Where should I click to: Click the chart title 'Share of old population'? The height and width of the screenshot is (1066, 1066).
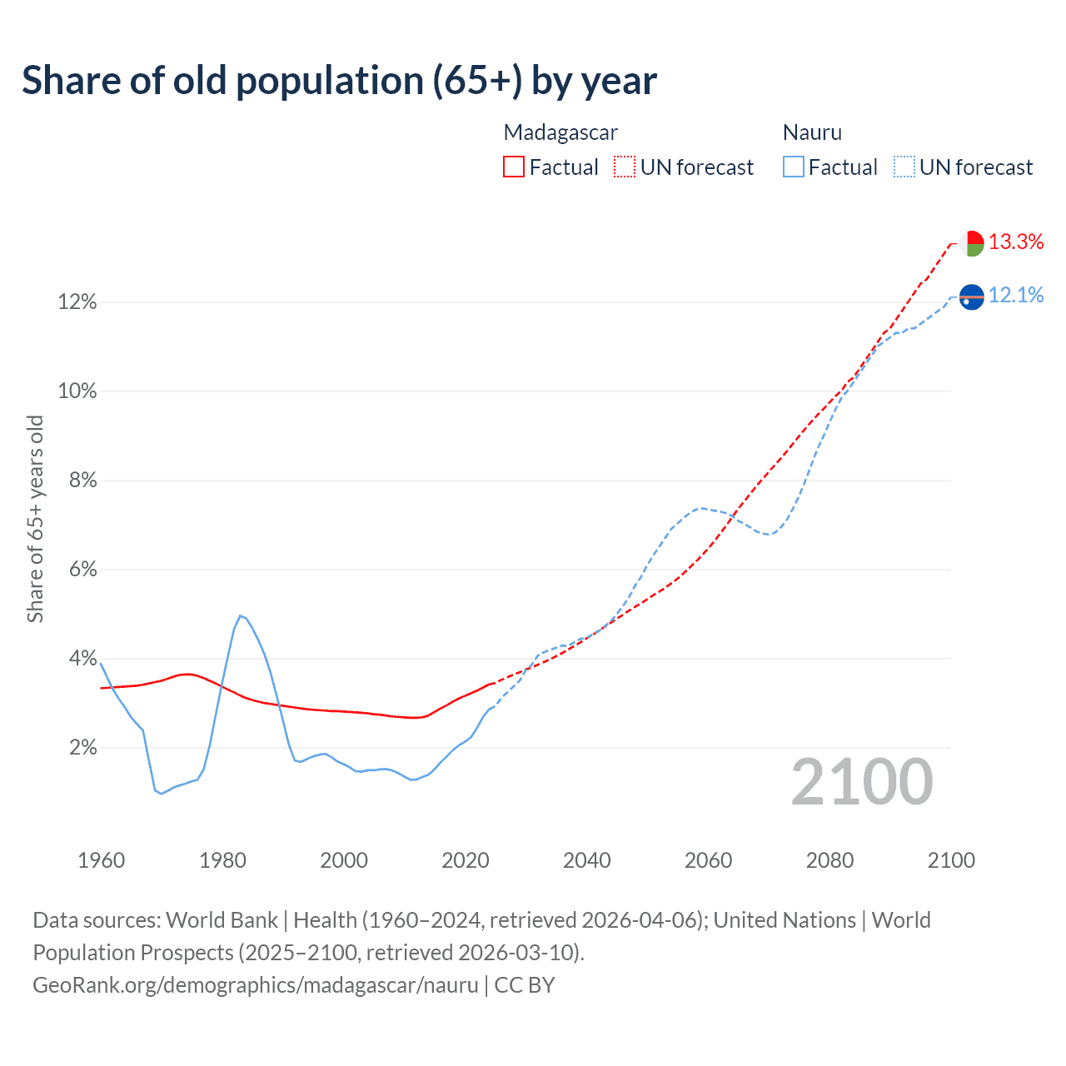click(339, 81)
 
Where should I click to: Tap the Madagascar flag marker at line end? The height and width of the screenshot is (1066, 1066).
click(972, 243)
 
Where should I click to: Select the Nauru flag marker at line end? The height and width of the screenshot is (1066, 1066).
click(972, 296)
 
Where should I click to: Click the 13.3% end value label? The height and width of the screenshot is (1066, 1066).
click(1016, 242)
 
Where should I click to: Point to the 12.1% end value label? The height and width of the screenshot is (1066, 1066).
click(1016, 296)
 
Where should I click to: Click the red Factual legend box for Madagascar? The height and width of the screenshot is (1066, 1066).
click(514, 167)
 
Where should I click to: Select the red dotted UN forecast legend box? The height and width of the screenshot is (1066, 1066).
click(625, 167)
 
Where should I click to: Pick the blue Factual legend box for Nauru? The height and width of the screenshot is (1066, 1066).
click(793, 167)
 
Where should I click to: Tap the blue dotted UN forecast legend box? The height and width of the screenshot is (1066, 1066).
click(904, 167)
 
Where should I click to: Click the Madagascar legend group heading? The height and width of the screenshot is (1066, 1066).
click(560, 132)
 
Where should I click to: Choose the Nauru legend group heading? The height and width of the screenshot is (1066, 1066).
click(812, 132)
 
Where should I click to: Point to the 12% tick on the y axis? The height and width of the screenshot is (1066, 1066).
click(77, 302)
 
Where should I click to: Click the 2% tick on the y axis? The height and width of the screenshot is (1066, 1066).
click(82, 748)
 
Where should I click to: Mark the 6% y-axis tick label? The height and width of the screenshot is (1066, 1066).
click(82, 570)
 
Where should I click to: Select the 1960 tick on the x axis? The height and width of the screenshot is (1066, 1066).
click(101, 860)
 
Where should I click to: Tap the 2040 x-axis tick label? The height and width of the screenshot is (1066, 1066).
click(587, 860)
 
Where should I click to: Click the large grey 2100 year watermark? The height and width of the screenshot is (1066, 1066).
click(862, 782)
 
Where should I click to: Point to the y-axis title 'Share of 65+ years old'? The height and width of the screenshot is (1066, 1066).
click(35, 518)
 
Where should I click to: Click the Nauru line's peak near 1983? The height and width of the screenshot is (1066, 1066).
click(240, 615)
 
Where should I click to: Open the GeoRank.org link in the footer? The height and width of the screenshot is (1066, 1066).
click(255, 985)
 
